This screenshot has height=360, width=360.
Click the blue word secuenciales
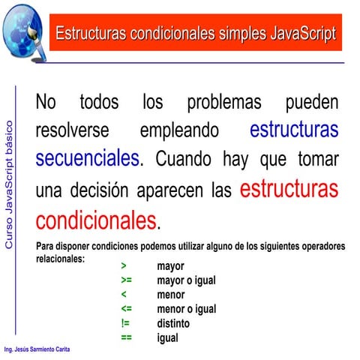(x=87, y=158)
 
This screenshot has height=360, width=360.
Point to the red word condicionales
(x=96, y=220)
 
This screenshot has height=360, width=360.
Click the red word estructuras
(x=289, y=187)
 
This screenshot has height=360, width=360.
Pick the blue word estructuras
(x=293, y=129)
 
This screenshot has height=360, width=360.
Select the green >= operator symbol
(x=126, y=280)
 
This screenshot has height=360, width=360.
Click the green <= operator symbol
(x=126, y=309)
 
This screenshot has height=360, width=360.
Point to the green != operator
(x=125, y=323)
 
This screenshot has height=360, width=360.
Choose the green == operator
(x=126, y=337)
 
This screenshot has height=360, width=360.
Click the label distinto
(x=173, y=323)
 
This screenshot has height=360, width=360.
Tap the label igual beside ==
(x=167, y=337)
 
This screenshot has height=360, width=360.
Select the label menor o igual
(x=186, y=309)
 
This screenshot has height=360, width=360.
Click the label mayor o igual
(x=186, y=280)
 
